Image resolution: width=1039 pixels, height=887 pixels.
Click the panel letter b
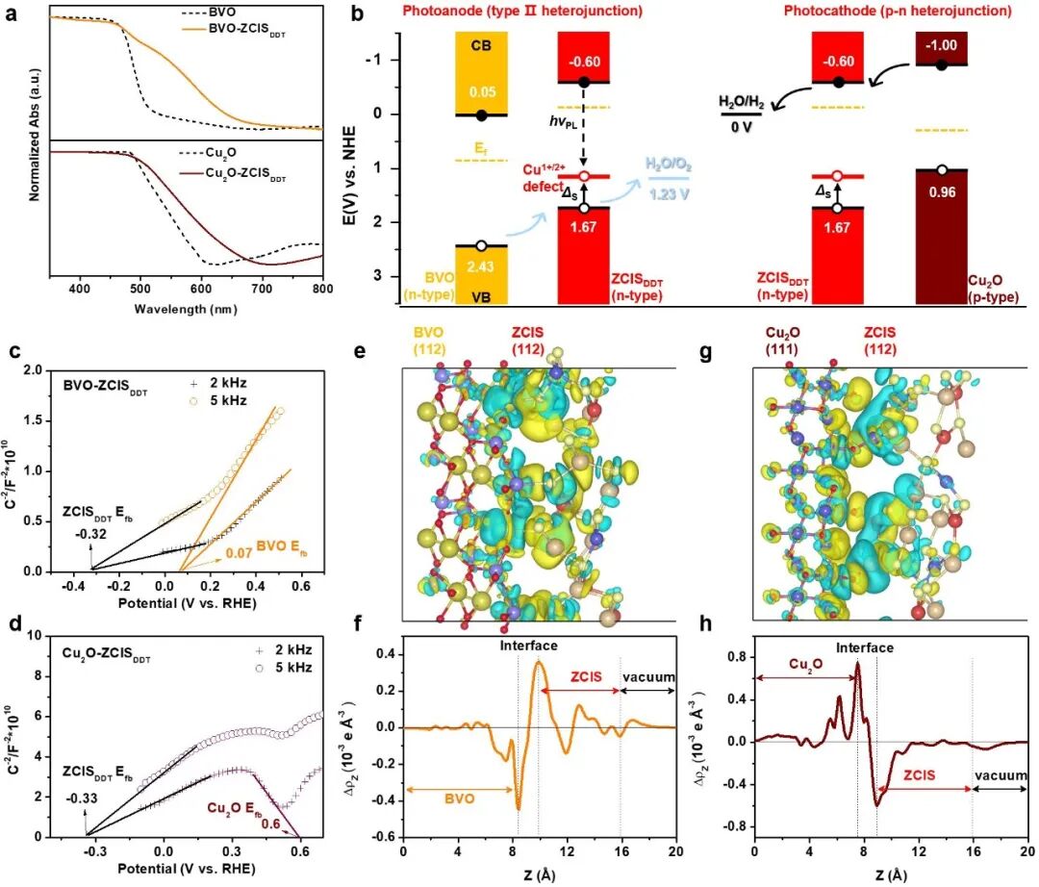[357, 14]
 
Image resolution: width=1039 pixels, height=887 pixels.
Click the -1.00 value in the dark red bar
[940, 46]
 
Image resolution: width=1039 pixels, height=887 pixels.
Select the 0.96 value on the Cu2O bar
[940, 192]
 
